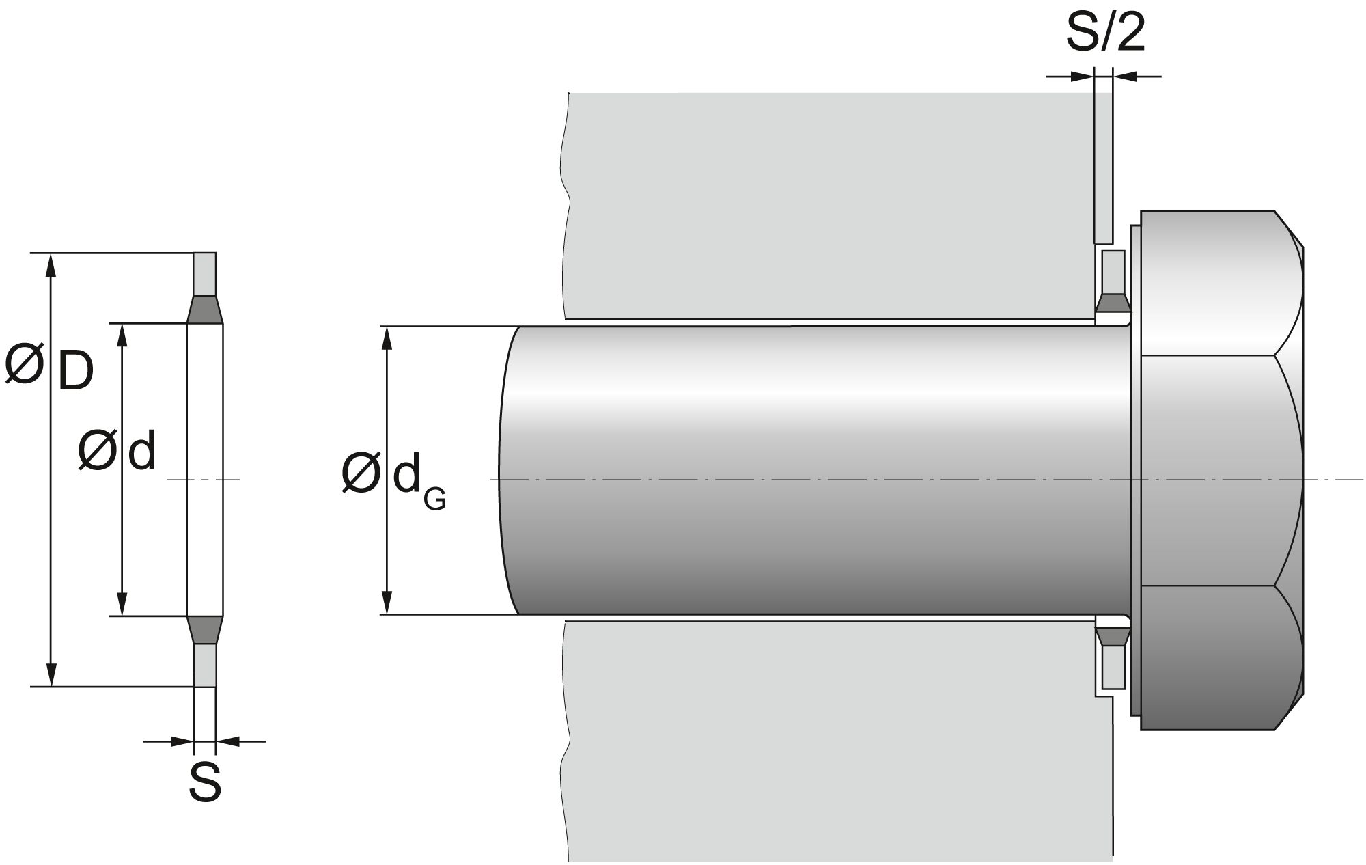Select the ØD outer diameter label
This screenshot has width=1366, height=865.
click(x=48, y=366)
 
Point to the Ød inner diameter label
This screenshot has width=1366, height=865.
click(x=117, y=450)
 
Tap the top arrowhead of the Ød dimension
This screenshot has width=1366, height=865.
click(x=122, y=335)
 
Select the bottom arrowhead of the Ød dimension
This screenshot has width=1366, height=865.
click(x=122, y=604)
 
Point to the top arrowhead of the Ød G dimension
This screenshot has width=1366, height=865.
click(x=387, y=339)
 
